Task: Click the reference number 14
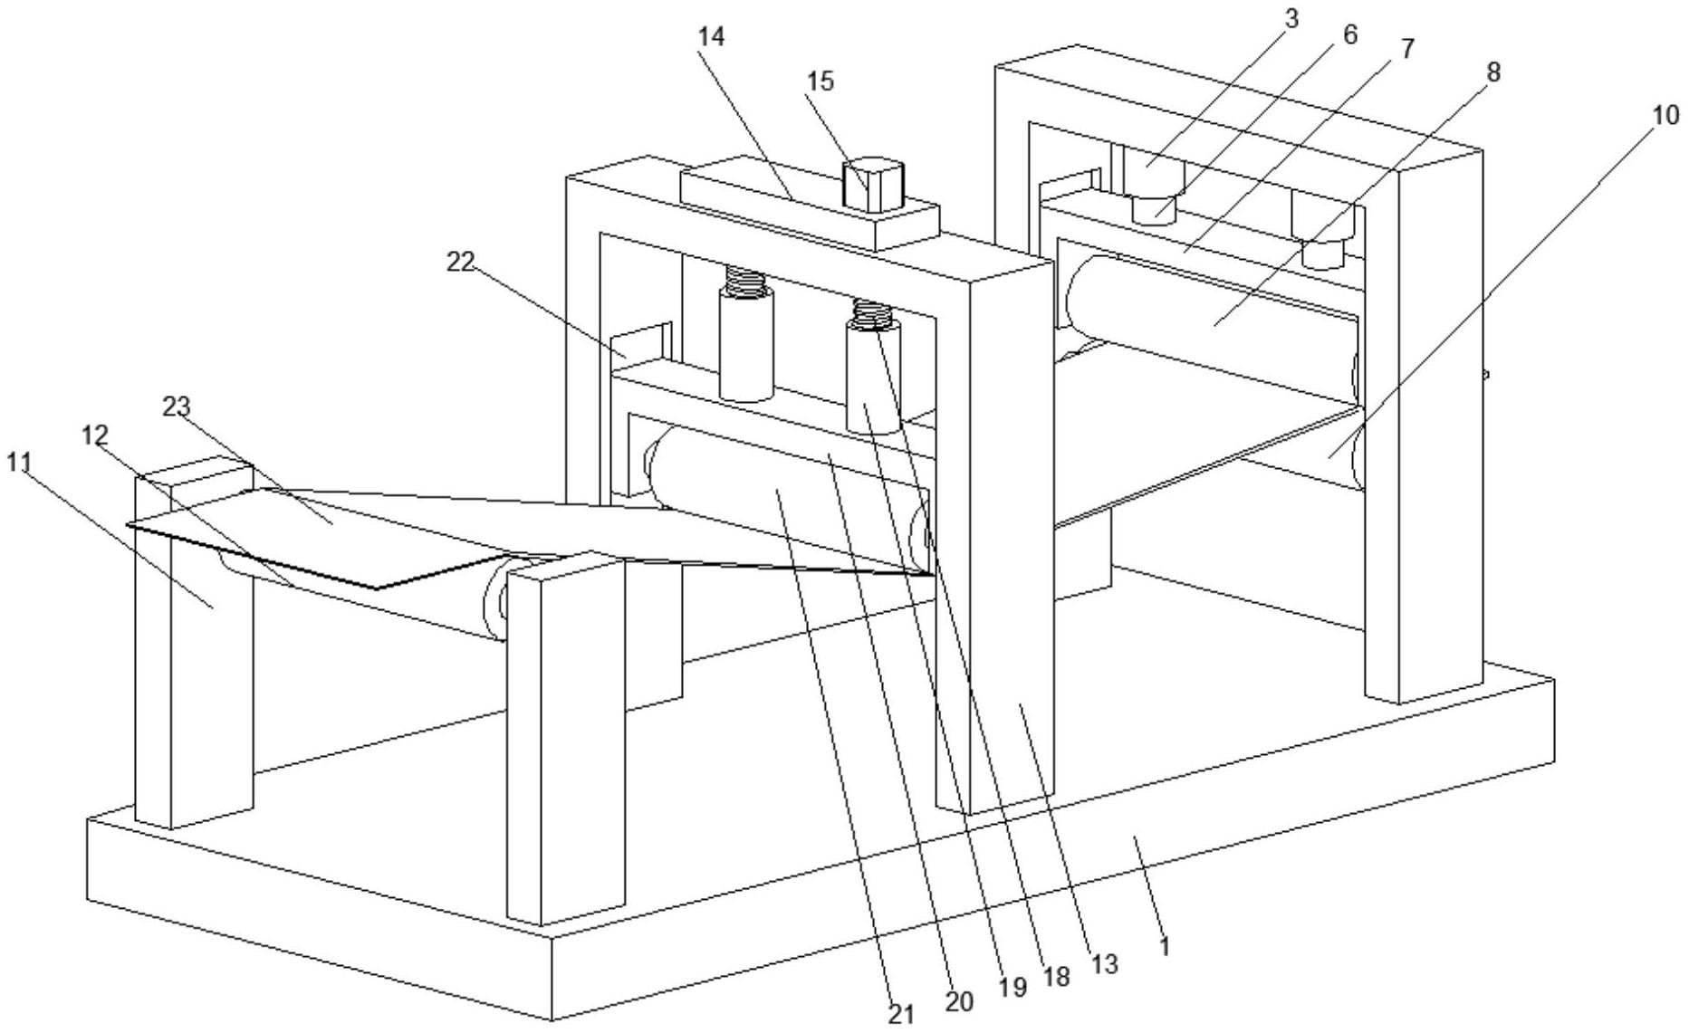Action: (x=711, y=37)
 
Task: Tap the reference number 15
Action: (x=821, y=81)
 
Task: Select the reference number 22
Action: (x=460, y=262)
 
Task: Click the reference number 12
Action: (x=95, y=435)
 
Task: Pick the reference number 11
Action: (x=19, y=464)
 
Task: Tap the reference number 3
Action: (x=1291, y=19)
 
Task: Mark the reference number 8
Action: (x=1493, y=72)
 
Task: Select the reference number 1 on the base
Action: (x=1166, y=947)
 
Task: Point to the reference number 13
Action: (x=1105, y=964)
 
